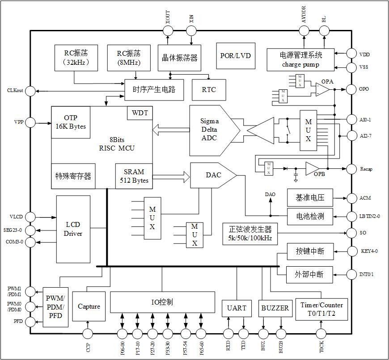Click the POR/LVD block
coord(236,56)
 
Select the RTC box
coord(208,89)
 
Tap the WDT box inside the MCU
coord(140,113)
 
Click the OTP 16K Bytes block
coord(70,122)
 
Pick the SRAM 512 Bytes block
coord(134,176)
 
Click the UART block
coord(237,308)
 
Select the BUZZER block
coord(275,308)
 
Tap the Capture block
coord(89,306)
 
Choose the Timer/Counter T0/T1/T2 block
coord(321,309)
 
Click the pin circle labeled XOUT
coord(168,30)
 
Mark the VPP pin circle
coord(30,122)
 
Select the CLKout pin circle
coord(30,91)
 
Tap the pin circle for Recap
coord(352,169)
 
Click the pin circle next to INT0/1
coord(352,274)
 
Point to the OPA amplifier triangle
coord(322,89)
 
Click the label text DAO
coord(270,195)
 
